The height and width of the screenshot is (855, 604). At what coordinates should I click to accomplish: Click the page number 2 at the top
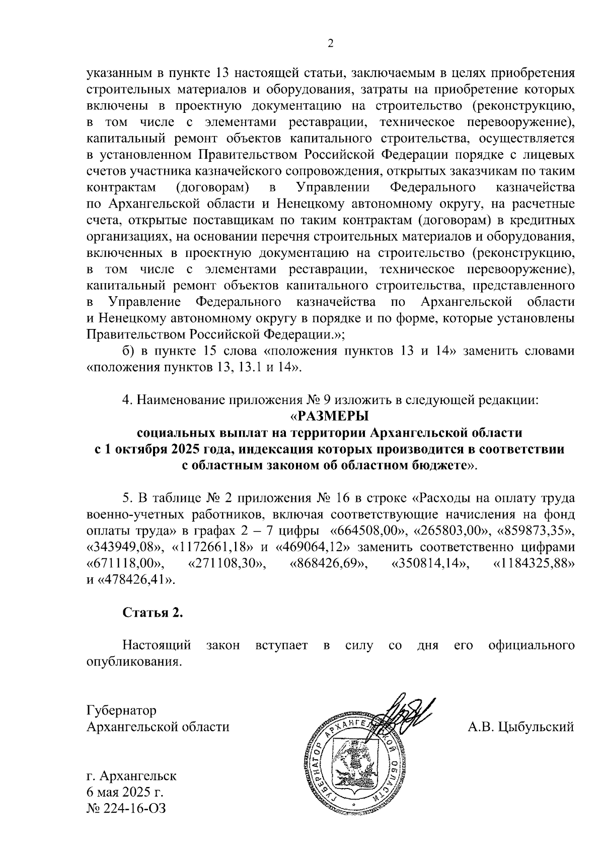pos(330,43)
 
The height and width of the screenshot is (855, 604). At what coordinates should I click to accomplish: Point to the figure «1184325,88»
pos(534,563)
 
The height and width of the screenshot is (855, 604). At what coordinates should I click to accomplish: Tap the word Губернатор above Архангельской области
pos(121,710)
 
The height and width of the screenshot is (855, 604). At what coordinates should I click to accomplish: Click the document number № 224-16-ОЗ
pos(126,808)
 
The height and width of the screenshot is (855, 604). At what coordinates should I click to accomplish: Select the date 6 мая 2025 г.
pos(125,792)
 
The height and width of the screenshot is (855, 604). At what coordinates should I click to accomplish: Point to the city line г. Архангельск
pos(131,775)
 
